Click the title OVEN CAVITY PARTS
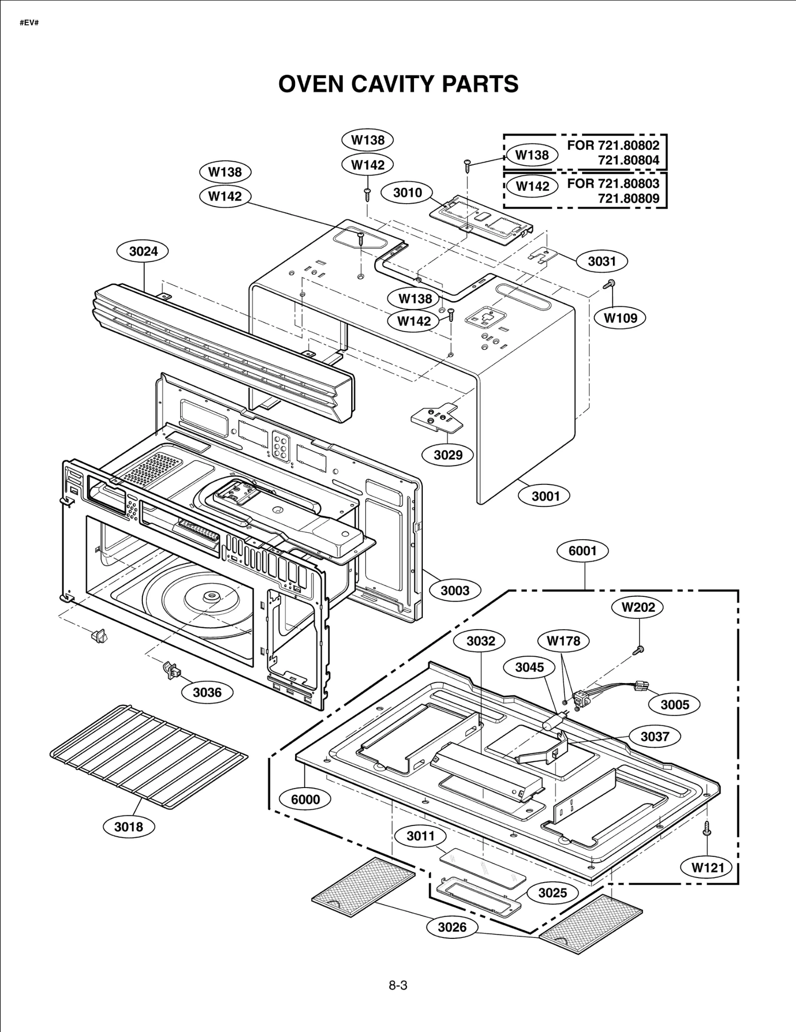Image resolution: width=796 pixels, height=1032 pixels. pos(398,84)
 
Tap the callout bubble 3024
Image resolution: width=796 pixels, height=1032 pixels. pos(143,251)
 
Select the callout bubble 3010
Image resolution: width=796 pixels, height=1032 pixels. pos(407,193)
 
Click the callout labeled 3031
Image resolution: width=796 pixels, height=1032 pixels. pos(602,261)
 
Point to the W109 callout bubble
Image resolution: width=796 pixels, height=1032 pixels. pos(620,318)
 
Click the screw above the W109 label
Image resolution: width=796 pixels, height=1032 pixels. pos(609,284)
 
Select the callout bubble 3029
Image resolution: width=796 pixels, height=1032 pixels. pos(448,455)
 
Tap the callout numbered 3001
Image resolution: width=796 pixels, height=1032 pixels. pos(545,496)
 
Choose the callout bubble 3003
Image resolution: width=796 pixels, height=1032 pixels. pos(455,590)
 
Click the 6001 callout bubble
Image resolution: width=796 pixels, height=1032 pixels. pos(582,551)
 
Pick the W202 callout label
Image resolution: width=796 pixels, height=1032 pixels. pos(639,607)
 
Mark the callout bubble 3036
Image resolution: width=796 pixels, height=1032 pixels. pos(207,692)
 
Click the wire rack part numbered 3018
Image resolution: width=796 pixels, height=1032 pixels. pos(149,757)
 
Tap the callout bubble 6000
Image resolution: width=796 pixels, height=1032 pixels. pos(305,799)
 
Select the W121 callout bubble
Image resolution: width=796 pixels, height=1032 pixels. pos(708,868)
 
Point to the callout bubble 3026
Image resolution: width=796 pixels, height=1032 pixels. pos(452,927)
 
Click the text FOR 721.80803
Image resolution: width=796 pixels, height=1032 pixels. pos(613,183)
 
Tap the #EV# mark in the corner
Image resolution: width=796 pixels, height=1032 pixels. pos(29,23)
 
